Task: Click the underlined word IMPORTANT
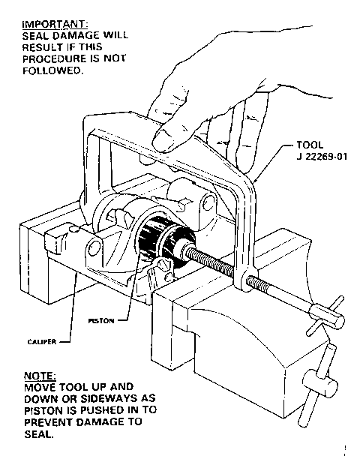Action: (x=55, y=24)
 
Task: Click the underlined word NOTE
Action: (x=40, y=376)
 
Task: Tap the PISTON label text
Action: (x=101, y=321)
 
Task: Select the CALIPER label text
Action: (x=42, y=342)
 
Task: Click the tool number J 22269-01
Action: (x=322, y=157)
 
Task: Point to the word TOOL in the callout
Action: (x=310, y=145)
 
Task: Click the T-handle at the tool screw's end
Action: (x=326, y=315)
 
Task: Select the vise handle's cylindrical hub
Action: (x=320, y=383)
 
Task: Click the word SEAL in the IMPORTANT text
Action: (x=33, y=36)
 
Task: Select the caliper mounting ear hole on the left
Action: (x=94, y=247)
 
